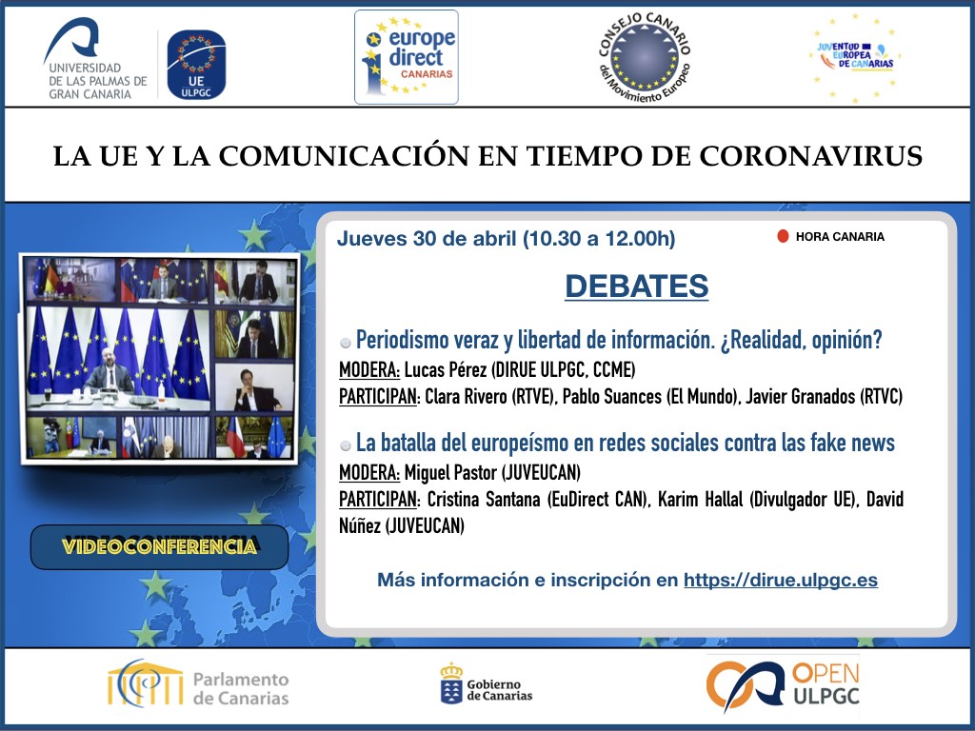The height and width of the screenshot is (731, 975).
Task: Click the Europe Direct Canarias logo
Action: [406, 57]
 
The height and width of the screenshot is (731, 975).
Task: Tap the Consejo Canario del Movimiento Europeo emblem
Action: [645, 58]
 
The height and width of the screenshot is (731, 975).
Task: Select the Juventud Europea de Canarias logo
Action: [855, 57]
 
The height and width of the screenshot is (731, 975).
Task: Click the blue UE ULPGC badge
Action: [196, 65]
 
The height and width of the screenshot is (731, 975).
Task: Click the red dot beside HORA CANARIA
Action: [783, 236]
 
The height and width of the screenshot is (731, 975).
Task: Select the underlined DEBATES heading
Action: [636, 286]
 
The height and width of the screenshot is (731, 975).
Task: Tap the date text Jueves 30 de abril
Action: [427, 239]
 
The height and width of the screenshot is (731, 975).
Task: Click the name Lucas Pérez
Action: [446, 370]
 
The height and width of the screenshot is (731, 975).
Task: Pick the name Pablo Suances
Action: [612, 397]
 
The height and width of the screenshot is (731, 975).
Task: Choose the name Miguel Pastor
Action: [450, 473]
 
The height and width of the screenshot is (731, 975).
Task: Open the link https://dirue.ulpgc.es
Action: [781, 580]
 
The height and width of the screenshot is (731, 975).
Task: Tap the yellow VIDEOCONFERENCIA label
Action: [159, 546]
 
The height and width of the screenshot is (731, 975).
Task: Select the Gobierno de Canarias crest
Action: [451, 683]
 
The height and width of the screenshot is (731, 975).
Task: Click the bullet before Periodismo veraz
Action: [345, 343]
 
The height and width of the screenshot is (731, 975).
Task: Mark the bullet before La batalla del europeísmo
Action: [345, 445]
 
